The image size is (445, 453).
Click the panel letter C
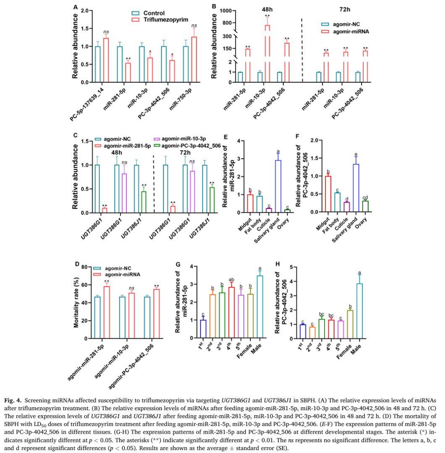coord(75,135)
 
